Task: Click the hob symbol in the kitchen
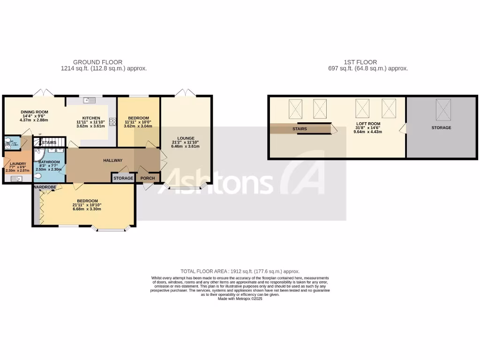pyautogui.click(x=112, y=122)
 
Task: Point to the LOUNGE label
pyautogui.click(x=186, y=138)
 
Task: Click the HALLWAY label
pyautogui.click(x=112, y=160)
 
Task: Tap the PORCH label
pyautogui.click(x=148, y=178)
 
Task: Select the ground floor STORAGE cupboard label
pyautogui.click(x=123, y=178)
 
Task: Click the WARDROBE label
pyautogui.click(x=45, y=187)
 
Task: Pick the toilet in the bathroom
pyautogui.click(x=37, y=176)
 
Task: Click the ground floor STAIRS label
pyautogui.click(x=49, y=142)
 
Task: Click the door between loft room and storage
pyautogui.click(x=402, y=128)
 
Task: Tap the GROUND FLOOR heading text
pyautogui.click(x=97, y=62)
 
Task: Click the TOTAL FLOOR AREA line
pyautogui.click(x=240, y=271)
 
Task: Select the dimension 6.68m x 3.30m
pyautogui.click(x=87, y=209)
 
